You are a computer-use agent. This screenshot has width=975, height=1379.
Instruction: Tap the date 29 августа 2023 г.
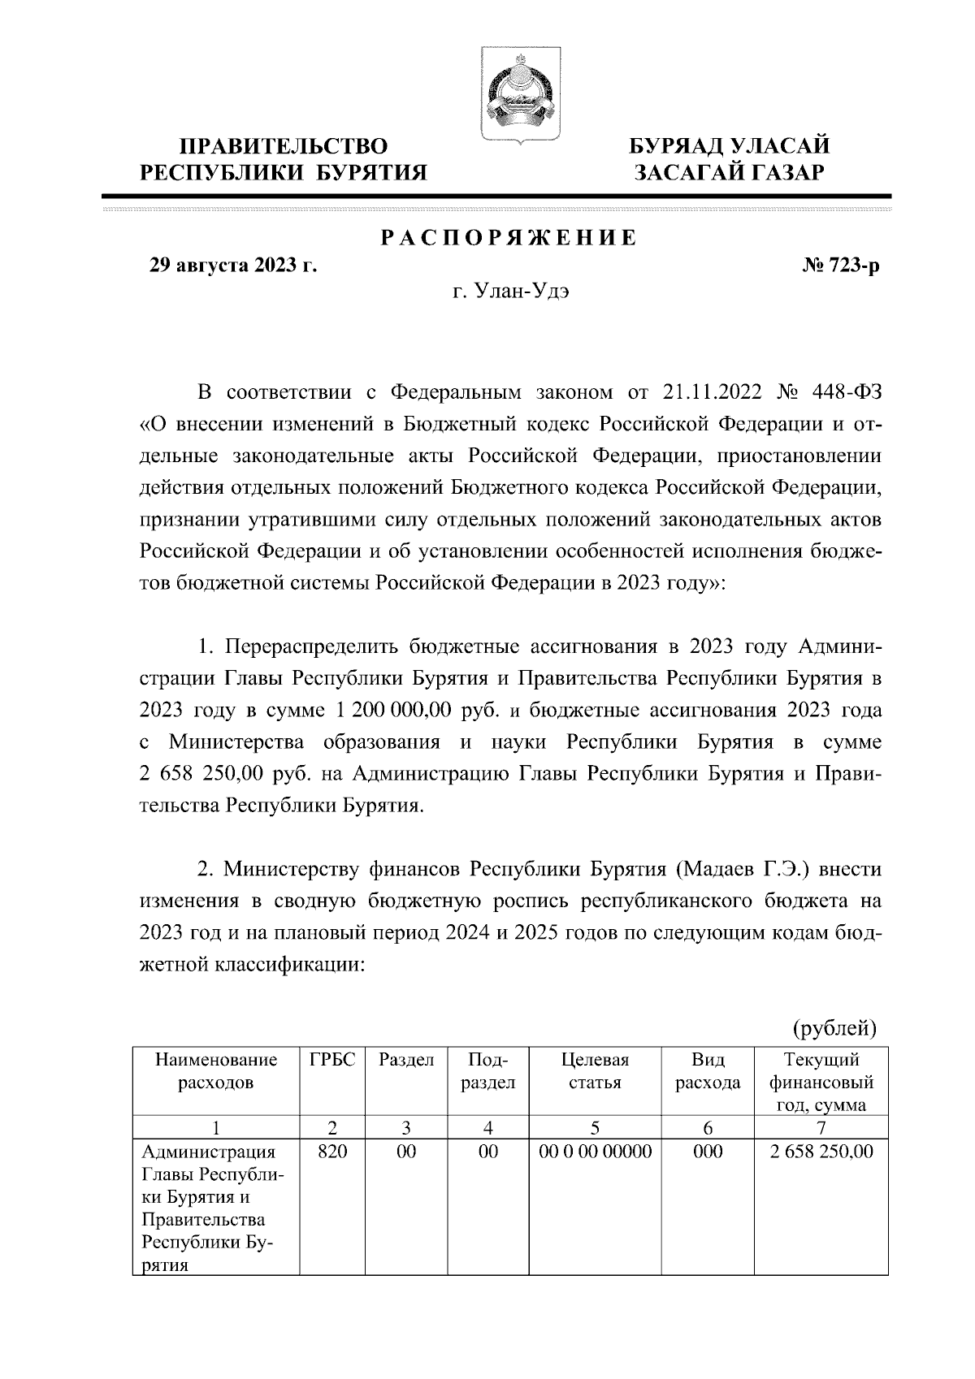click(230, 266)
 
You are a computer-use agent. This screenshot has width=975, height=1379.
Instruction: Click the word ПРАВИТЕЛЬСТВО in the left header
click(283, 146)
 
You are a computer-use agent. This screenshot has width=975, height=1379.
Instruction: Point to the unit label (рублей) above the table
click(834, 1028)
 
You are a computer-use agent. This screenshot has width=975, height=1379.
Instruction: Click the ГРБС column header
click(332, 1061)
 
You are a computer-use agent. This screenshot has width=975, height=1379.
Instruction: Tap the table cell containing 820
click(332, 1152)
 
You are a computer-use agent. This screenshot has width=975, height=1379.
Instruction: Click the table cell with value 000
click(707, 1152)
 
